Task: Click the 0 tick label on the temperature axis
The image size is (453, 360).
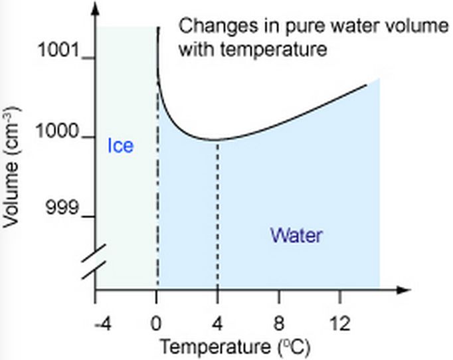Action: pos(157,324)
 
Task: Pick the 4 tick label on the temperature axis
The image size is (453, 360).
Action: pos(217,324)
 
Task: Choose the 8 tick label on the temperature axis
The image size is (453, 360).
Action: pos(278,324)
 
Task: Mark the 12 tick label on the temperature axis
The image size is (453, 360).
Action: pos(339,324)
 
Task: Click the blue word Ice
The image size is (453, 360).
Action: pos(120,145)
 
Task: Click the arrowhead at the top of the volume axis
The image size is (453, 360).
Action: pos(96,9)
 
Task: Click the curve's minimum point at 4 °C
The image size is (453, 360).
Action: pos(217,139)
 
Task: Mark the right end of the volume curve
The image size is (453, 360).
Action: pos(367,84)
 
